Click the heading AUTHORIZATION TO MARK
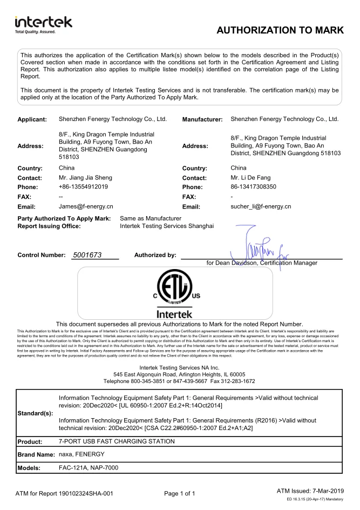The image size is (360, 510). [280, 31]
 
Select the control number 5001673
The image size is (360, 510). [87, 254]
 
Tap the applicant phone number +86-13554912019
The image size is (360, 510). [83, 187]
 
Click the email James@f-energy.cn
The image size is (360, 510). [86, 206]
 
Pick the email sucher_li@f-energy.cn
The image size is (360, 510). [261, 206]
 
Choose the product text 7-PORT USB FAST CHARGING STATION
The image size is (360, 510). [117, 441]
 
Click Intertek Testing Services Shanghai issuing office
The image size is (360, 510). [167, 226]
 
